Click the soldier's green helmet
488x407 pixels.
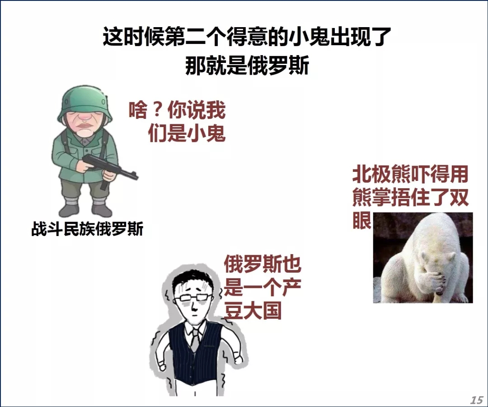(84, 103)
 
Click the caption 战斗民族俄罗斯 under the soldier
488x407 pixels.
(88, 229)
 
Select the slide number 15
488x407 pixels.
(477, 400)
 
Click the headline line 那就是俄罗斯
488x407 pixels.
(248, 66)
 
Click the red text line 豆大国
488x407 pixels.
(253, 310)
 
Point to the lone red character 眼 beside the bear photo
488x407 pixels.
(362, 221)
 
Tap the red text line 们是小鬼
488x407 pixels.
(187, 133)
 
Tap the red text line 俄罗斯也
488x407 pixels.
(263, 264)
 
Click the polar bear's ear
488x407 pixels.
(451, 256)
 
